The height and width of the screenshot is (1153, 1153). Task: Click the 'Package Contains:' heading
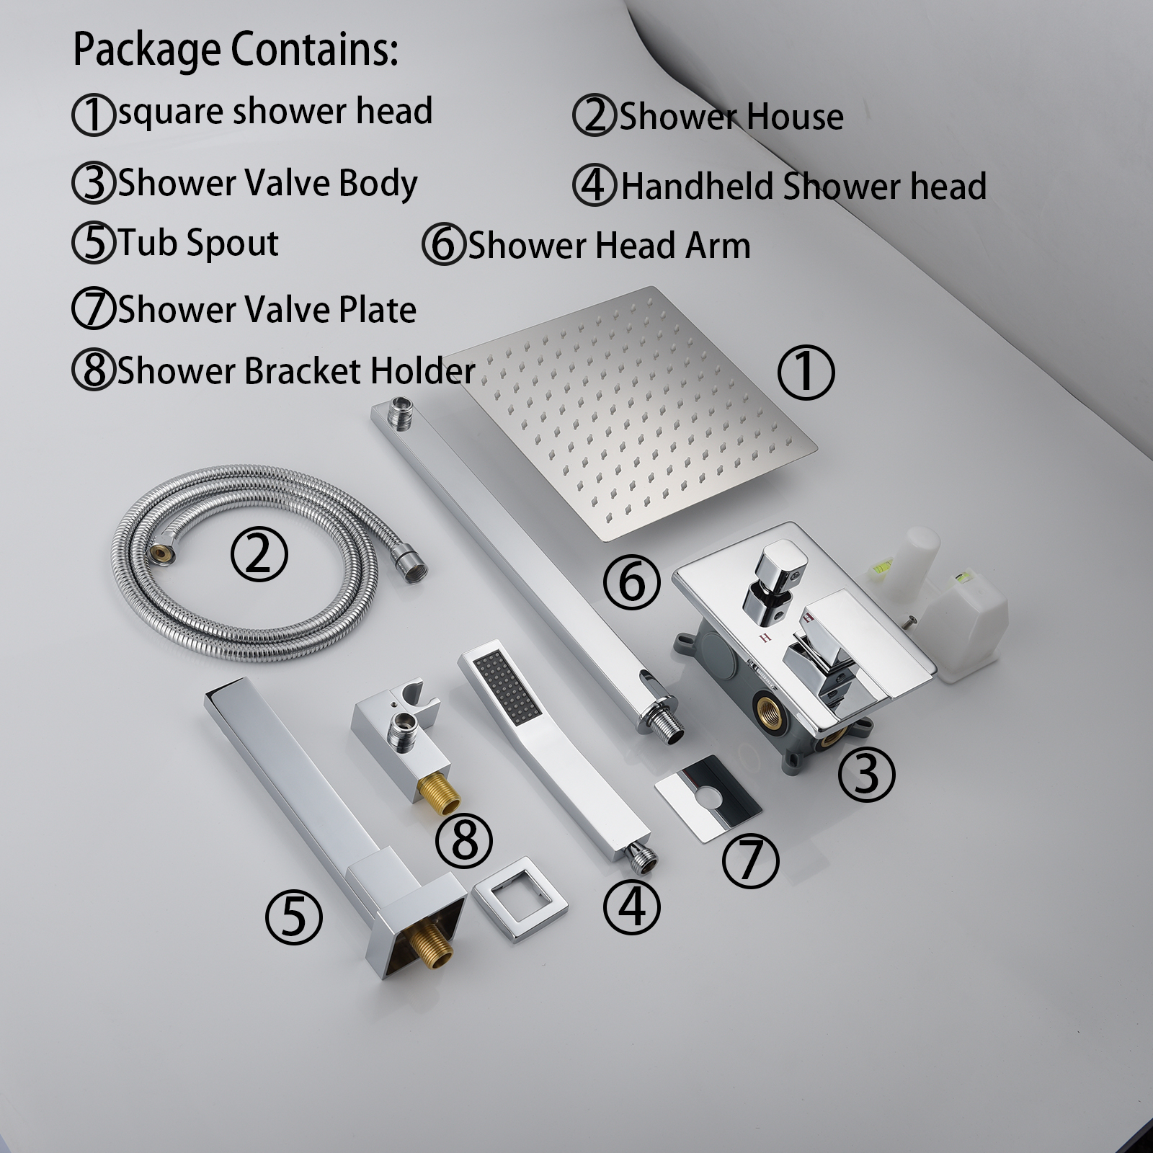[236, 50]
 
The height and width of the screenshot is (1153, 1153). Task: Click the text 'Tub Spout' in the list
[198, 243]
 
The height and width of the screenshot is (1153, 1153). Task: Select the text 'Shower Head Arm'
[609, 246]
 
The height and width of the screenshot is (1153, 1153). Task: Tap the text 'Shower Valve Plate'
[267, 310]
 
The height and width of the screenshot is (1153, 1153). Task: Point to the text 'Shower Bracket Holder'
[296, 371]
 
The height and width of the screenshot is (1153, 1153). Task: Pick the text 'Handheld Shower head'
[803, 186]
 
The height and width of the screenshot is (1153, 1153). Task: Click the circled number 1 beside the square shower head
[806, 373]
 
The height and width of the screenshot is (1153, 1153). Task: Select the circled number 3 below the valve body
[867, 775]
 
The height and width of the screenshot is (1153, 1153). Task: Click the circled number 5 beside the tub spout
[293, 917]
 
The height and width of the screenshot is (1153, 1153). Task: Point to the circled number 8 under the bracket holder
[464, 840]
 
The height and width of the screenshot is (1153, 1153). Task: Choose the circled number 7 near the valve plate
[750, 860]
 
